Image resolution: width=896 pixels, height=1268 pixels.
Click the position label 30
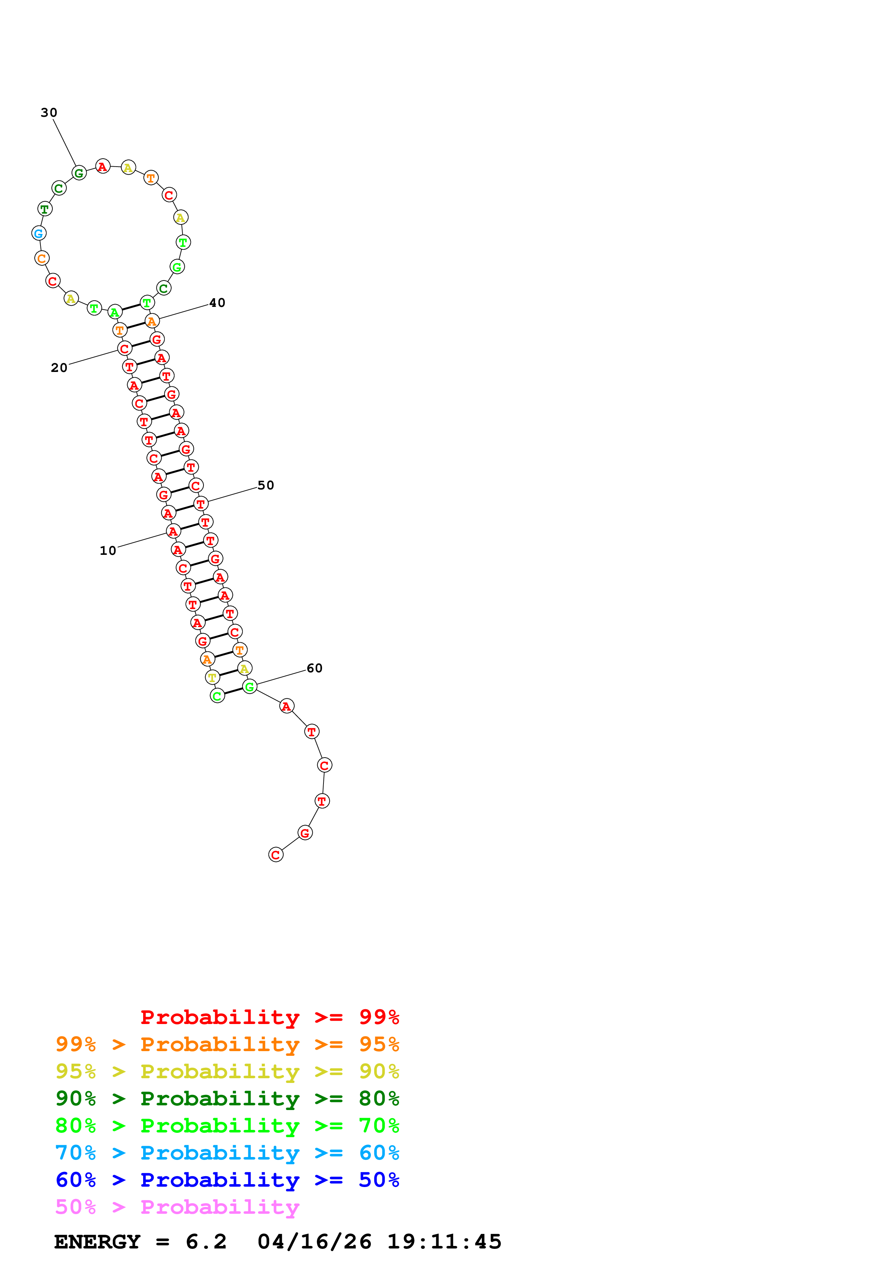pyautogui.click(x=49, y=113)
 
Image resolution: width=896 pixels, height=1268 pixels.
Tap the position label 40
pyautogui.click(x=217, y=303)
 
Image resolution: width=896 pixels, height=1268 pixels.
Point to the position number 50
pyautogui.click(x=266, y=485)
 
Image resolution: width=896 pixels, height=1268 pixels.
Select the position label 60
pyautogui.click(x=314, y=668)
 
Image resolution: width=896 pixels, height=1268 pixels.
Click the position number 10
pyautogui.click(x=108, y=551)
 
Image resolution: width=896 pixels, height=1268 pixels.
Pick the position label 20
pyautogui.click(x=59, y=368)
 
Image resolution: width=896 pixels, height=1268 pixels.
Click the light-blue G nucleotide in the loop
pyautogui.click(x=39, y=233)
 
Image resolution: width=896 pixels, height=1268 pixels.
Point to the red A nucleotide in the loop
pyautogui.click(x=103, y=166)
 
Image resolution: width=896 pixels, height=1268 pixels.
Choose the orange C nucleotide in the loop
pyautogui.click(x=42, y=258)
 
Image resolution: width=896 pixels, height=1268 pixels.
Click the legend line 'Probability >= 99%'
pyautogui.click(x=269, y=1017)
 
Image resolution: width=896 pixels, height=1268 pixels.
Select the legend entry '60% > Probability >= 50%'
pyautogui.click(x=227, y=1180)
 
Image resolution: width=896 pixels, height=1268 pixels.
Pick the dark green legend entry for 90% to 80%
pyautogui.click(x=227, y=1098)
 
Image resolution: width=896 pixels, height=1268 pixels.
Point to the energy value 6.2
pyautogui.click(x=206, y=1242)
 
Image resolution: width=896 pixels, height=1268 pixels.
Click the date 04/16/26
pyautogui.click(x=314, y=1242)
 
